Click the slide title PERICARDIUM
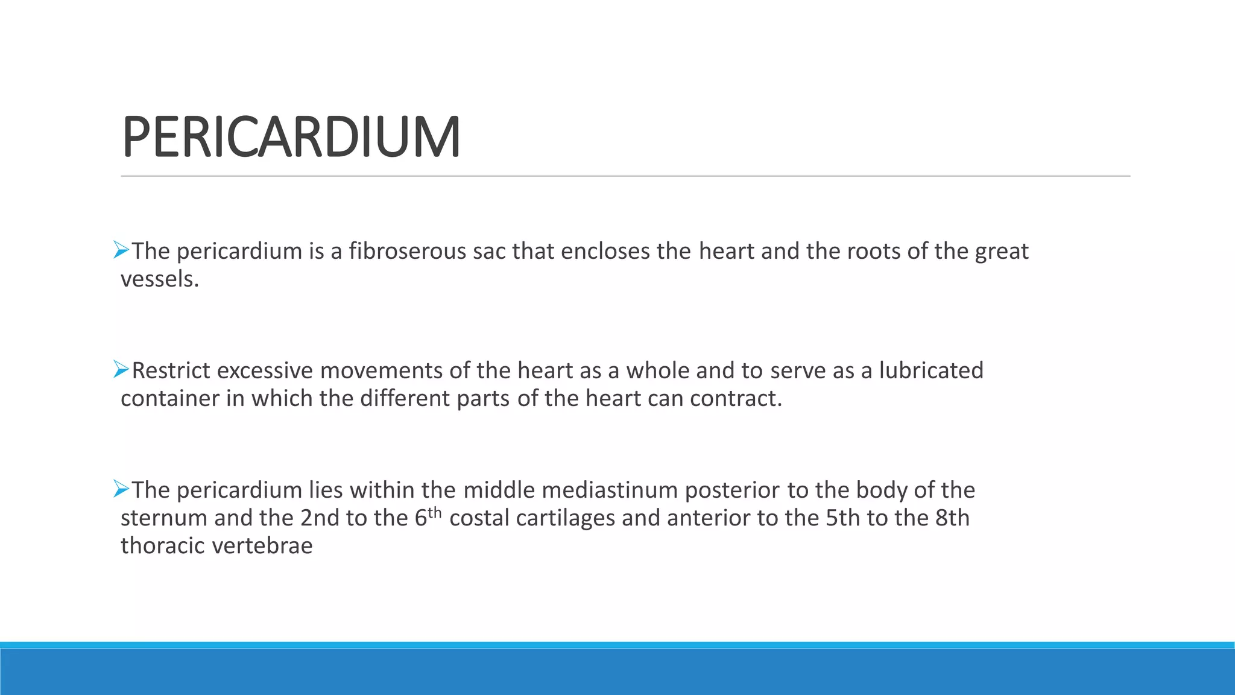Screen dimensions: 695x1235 [x=291, y=138]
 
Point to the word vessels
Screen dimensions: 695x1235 [x=159, y=279]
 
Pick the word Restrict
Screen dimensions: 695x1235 [x=171, y=371]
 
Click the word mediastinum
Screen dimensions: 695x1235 [x=610, y=490]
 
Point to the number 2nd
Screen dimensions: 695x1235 [x=320, y=518]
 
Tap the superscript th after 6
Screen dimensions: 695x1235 [x=435, y=513]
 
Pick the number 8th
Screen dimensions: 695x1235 [x=952, y=518]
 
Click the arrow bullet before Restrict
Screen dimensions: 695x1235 [x=121, y=370]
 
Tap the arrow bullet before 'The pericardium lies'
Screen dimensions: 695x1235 [x=121, y=489]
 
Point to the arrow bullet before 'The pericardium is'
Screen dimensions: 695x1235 [x=121, y=250]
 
